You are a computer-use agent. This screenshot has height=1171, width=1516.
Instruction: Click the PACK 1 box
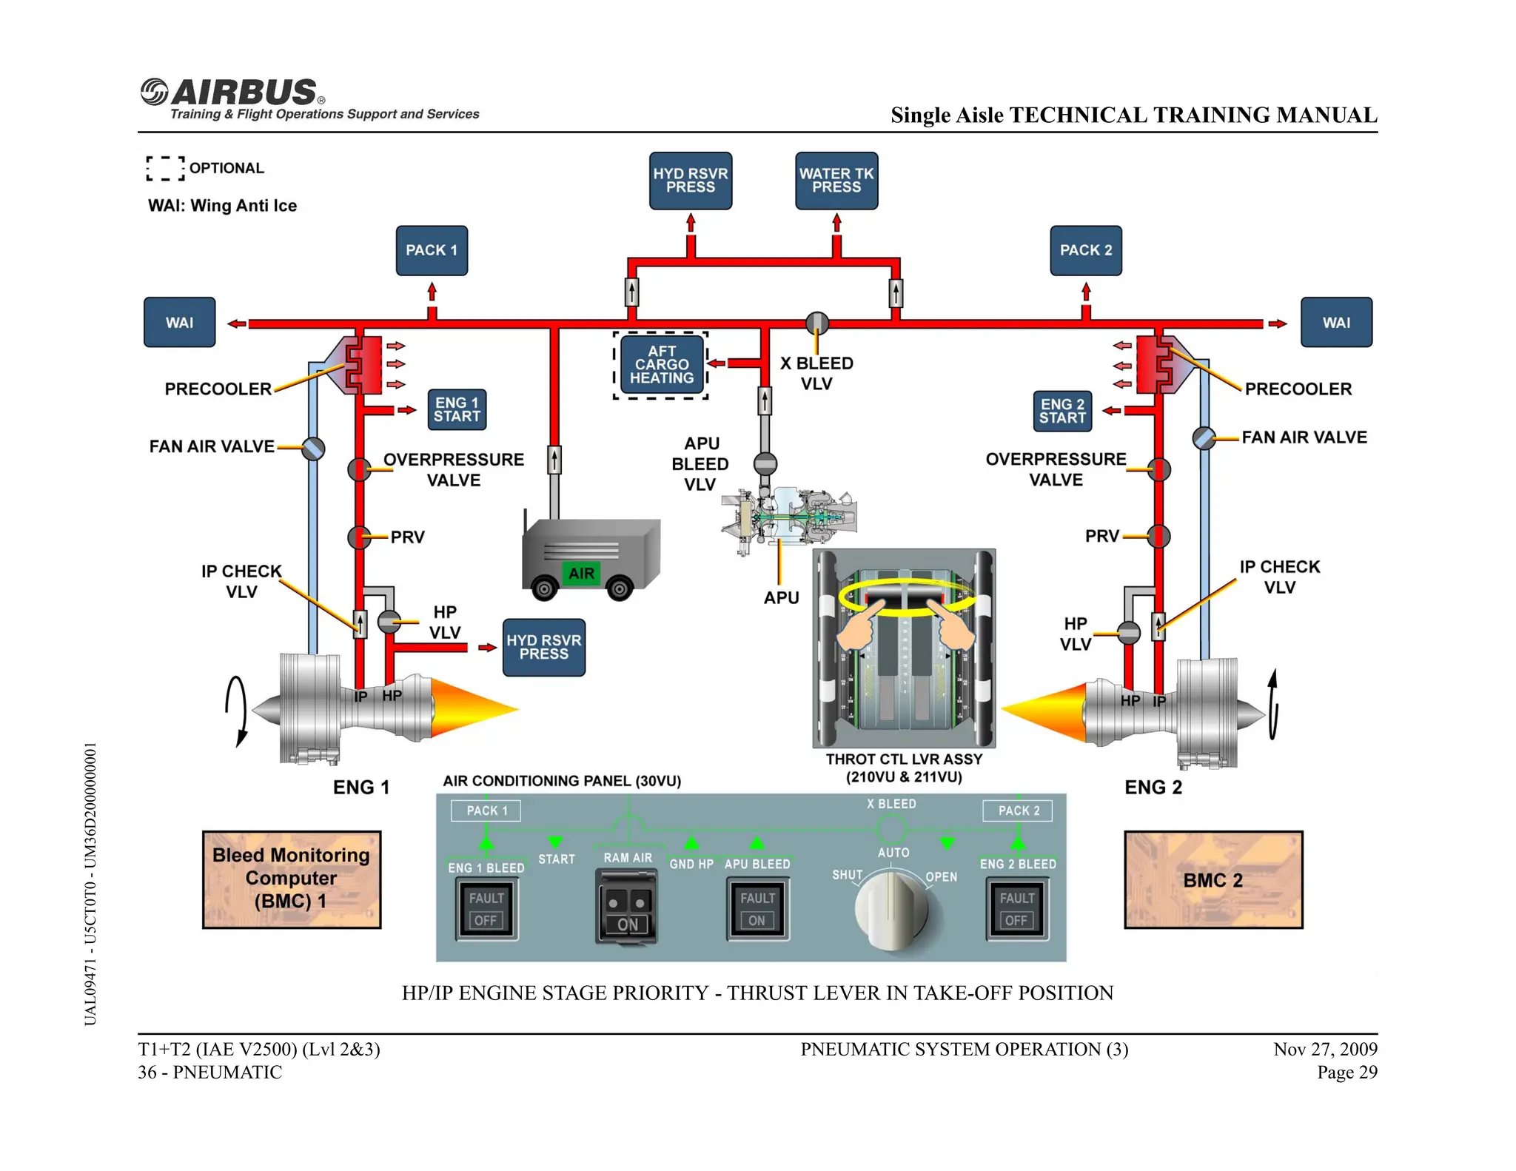(x=432, y=250)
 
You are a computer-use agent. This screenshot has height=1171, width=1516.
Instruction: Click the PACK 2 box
(x=1085, y=250)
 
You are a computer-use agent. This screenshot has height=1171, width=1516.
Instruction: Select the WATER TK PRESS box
(x=836, y=181)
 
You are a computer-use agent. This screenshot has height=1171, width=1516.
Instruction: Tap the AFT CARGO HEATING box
(x=661, y=365)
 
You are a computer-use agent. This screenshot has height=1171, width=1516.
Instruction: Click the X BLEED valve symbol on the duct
(x=816, y=323)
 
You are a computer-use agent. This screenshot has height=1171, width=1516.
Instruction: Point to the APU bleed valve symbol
(x=765, y=464)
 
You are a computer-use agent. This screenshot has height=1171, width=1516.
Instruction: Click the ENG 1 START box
(x=457, y=409)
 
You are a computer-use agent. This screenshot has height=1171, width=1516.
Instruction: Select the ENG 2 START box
(x=1062, y=411)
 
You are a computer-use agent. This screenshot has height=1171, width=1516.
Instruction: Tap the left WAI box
(x=179, y=323)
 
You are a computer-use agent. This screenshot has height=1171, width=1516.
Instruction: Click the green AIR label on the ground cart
(x=581, y=573)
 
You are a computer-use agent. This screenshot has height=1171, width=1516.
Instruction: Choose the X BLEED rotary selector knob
(x=891, y=910)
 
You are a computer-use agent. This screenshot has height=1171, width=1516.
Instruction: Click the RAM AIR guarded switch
(x=626, y=907)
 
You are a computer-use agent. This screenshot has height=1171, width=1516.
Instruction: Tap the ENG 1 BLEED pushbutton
(x=486, y=909)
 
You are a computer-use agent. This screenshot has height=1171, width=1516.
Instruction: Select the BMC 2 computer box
(x=1213, y=880)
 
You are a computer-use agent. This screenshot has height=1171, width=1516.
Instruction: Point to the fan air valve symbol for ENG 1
(x=313, y=449)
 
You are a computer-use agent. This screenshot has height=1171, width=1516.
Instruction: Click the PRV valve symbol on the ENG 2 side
(x=1158, y=536)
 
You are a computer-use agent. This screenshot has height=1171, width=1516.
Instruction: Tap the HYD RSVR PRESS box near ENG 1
(x=543, y=647)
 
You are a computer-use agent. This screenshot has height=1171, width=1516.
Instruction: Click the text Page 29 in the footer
(x=1346, y=1072)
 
